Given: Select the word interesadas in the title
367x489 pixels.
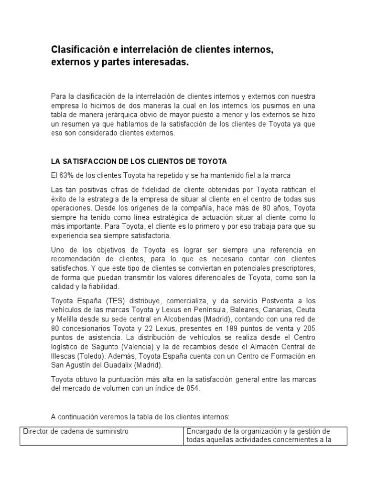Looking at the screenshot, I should pyautogui.click(x=162, y=63).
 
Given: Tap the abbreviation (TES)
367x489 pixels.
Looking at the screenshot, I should pyautogui.click(x=116, y=301).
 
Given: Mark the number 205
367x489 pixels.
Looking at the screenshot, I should pyautogui.click(x=309, y=328).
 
